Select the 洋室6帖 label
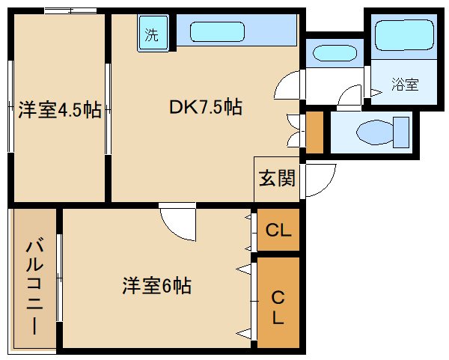click(x=156, y=284)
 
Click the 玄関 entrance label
click(x=277, y=178)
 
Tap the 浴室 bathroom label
click(x=404, y=85)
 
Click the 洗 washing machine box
click(x=152, y=34)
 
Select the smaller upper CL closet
click(x=278, y=230)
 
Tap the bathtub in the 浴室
click(x=404, y=34)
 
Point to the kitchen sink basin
click(x=218, y=32)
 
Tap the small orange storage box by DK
click(x=314, y=132)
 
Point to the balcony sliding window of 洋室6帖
click(x=59, y=278)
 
